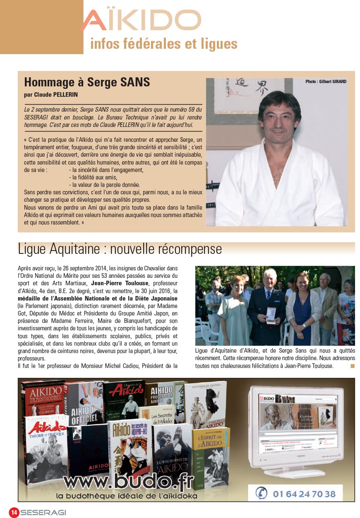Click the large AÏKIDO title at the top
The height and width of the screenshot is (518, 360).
click(141, 21)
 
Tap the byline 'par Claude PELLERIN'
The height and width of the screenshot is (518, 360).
click(51, 95)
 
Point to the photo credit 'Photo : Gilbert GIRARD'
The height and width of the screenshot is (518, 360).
click(326, 82)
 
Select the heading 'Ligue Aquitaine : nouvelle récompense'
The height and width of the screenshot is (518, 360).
click(120, 249)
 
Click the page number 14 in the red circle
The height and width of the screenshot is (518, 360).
click(14, 512)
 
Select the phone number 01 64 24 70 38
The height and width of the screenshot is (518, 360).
click(304, 493)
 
